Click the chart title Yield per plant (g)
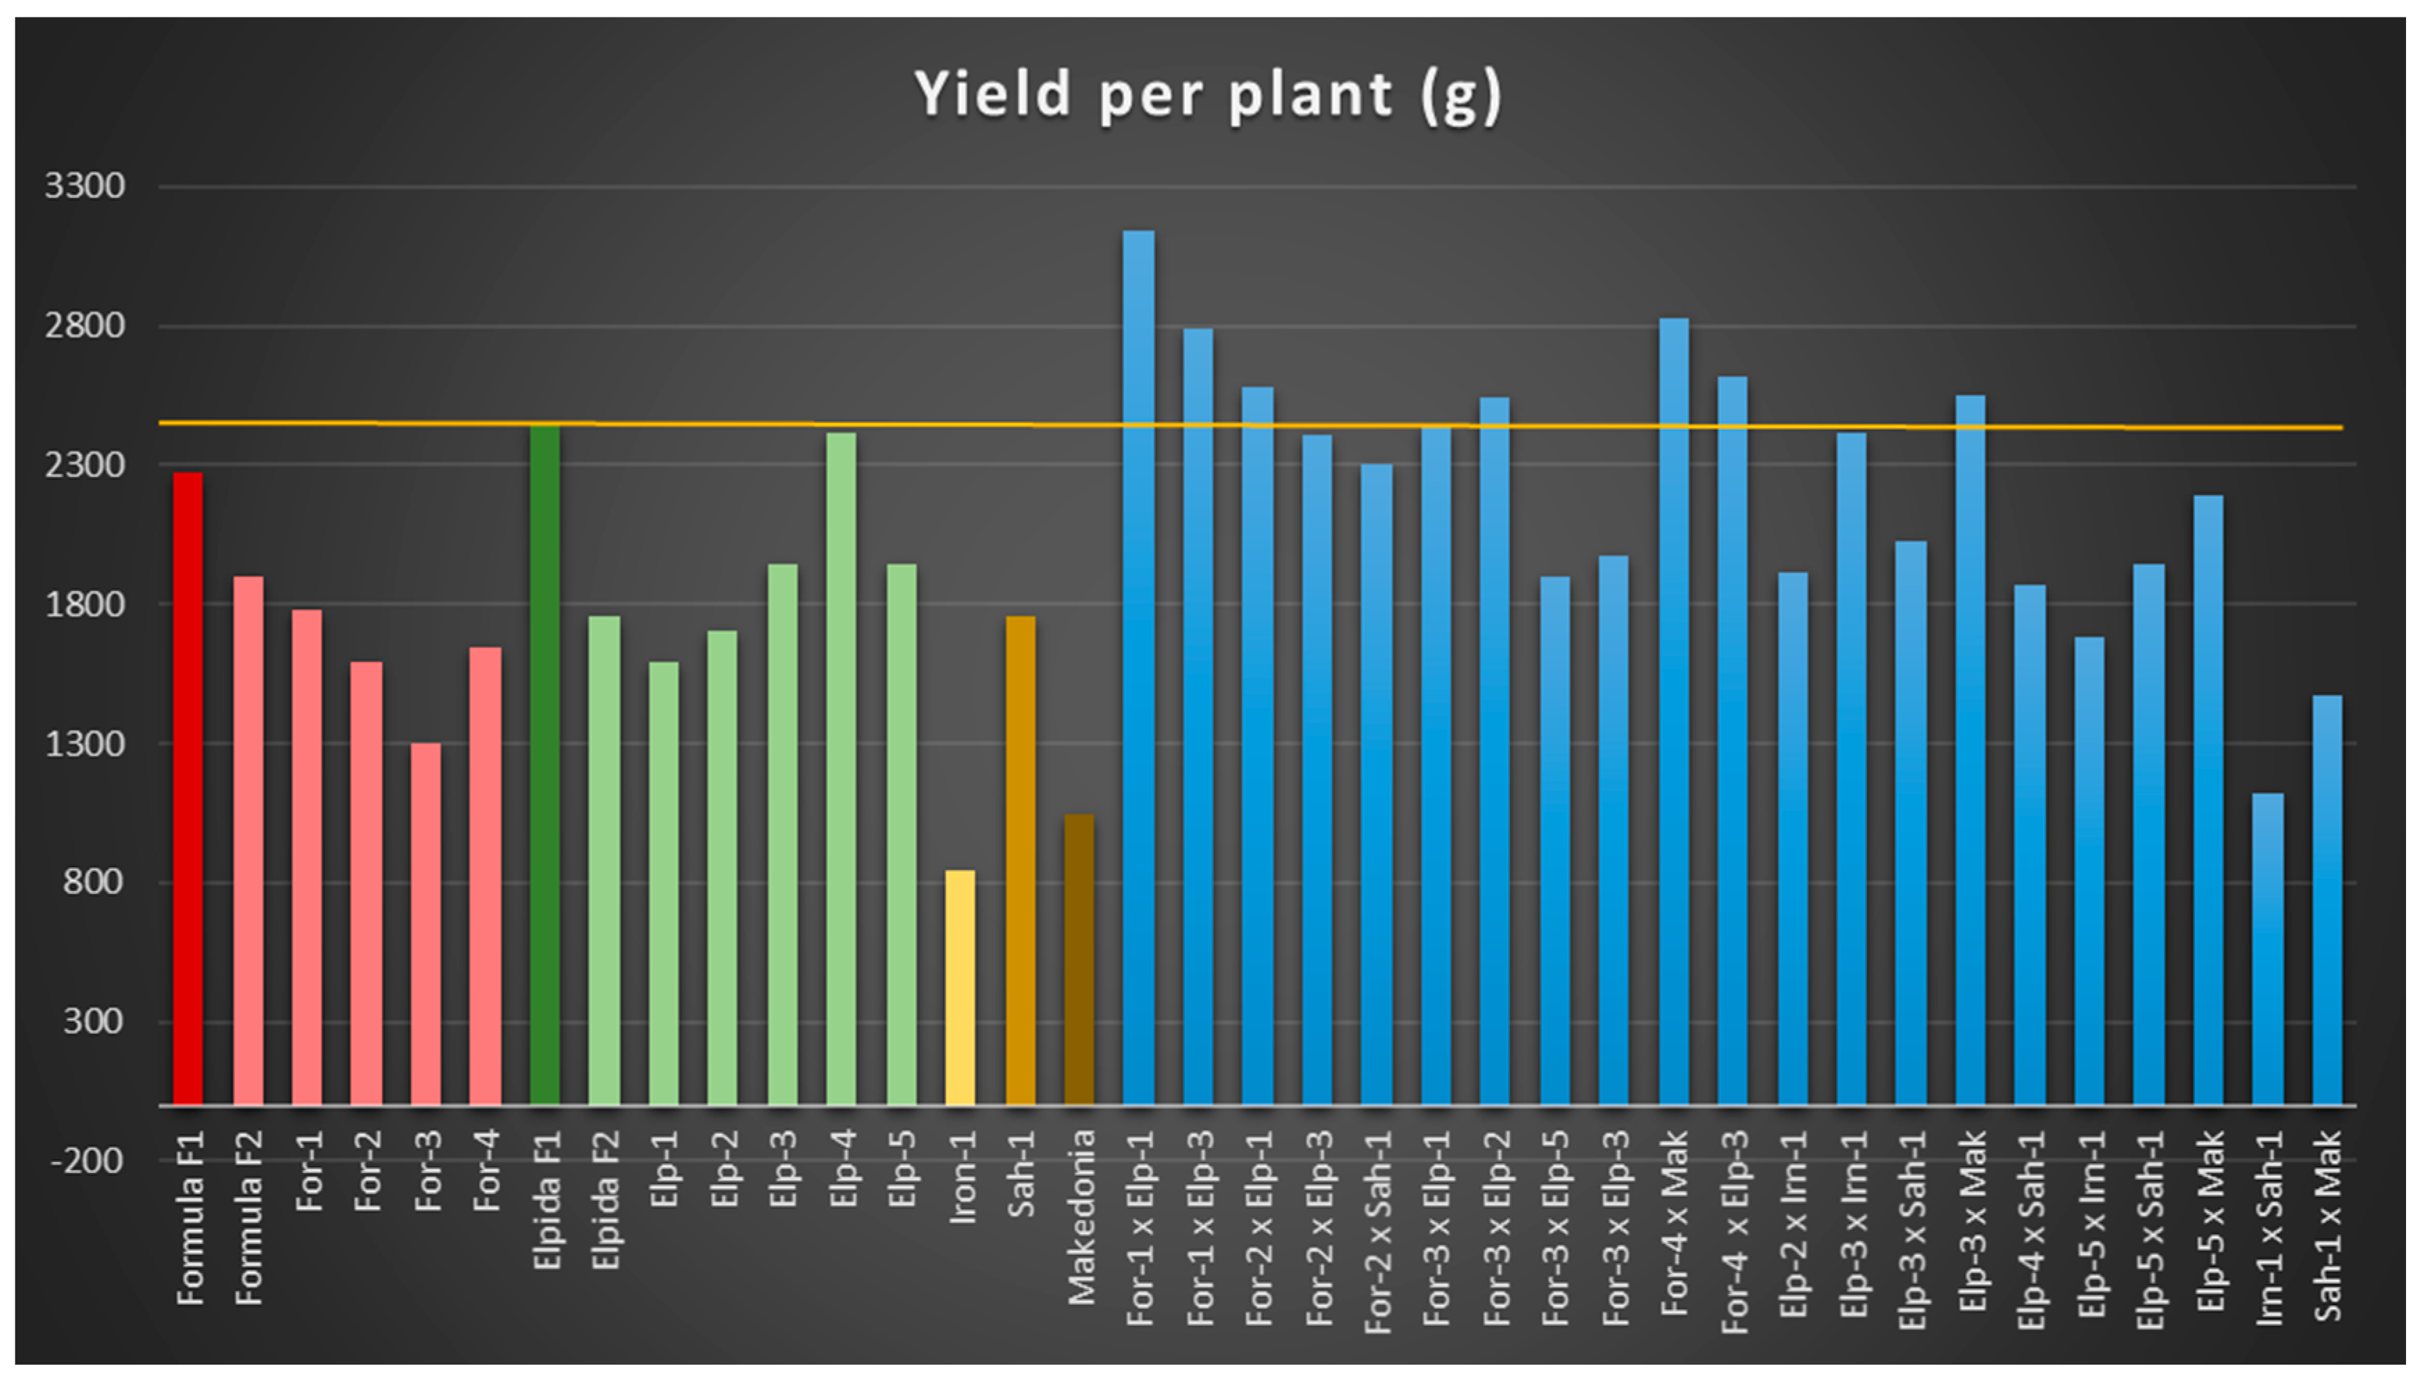[x=1207, y=95]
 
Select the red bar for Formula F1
[x=188, y=788]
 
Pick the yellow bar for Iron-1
[x=959, y=987]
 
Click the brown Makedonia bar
[x=1079, y=958]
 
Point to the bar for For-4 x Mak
[x=1673, y=711]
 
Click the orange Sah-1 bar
[x=1020, y=860]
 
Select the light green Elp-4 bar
[x=841, y=768]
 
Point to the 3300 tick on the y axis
[x=85, y=186]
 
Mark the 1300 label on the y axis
[x=85, y=743]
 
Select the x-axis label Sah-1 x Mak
[x=2327, y=1224]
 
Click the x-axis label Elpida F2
[x=606, y=1200]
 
